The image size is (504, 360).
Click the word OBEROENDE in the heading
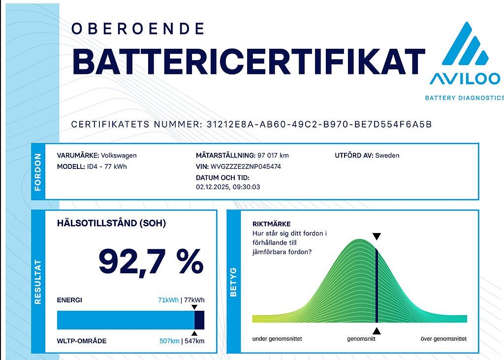coord(138,29)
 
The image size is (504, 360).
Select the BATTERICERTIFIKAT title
coord(248,62)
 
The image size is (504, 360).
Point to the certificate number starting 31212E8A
coord(317,124)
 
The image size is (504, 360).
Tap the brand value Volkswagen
coord(119,156)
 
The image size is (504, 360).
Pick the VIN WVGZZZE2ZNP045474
coord(246,166)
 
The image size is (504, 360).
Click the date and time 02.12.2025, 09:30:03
coord(228,187)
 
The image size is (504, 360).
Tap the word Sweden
coord(387,156)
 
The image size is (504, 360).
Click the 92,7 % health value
coord(151,262)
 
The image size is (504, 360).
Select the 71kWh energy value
coord(168,300)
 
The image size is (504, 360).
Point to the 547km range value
coord(194,341)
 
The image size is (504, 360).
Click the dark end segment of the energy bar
coord(199,320)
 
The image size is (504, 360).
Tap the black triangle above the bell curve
coord(377,237)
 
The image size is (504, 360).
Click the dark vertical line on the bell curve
coord(377,286)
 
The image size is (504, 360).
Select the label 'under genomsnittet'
coord(277,339)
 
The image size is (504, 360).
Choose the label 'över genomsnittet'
coord(443,339)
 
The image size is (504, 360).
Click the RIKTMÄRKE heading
coord(271,224)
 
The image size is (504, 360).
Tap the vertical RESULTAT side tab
coord(38,282)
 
